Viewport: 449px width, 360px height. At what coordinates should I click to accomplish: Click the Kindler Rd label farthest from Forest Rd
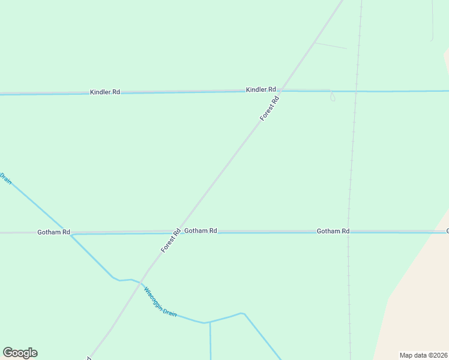105,92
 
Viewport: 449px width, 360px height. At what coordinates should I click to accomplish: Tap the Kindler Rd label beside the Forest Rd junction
261,89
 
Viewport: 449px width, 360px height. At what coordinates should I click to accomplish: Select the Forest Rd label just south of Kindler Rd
270,108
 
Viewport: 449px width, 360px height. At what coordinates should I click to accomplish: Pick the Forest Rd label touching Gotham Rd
171,240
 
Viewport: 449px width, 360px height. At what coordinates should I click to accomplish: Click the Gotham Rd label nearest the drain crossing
53,232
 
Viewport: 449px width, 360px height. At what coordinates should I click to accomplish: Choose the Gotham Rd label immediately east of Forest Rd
200,230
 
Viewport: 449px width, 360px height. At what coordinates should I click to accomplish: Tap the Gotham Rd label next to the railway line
333,231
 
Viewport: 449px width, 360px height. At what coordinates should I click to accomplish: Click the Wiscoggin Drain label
160,301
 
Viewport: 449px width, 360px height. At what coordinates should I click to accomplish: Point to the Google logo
20,353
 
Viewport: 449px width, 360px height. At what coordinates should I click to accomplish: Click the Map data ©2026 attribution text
424,355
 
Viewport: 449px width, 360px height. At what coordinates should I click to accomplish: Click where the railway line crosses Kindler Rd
356,91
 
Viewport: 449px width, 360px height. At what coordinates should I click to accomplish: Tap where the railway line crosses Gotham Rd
348,231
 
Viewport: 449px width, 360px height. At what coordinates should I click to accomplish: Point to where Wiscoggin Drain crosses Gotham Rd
70,233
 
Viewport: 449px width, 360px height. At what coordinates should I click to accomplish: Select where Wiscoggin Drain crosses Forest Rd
137,281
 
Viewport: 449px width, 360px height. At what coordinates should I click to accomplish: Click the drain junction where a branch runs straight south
210,322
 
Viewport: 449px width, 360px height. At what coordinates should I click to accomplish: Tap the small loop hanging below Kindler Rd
333,97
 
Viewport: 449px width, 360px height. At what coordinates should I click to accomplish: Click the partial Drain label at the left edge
5,178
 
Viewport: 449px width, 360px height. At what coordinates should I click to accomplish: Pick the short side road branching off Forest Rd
331,46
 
